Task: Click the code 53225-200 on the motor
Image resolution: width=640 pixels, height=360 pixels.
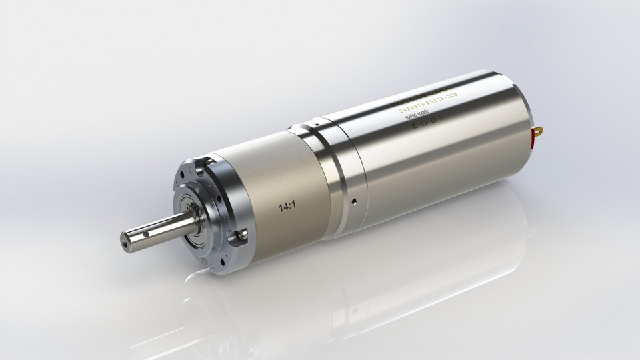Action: [x=440, y=96]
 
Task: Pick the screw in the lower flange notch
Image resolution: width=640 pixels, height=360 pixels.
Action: [x=236, y=235]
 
